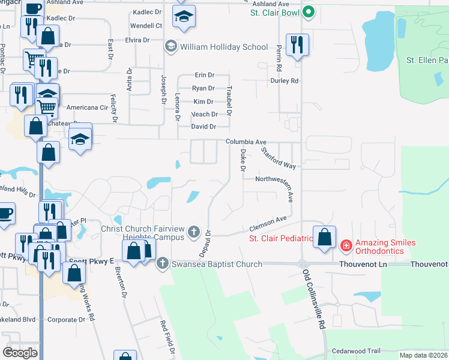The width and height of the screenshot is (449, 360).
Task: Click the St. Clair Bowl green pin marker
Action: pos(309,11)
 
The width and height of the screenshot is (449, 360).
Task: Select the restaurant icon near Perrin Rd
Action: pos(297,45)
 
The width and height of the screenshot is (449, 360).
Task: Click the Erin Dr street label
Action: pos(204,75)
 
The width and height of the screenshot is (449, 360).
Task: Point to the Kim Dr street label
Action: pos(203,101)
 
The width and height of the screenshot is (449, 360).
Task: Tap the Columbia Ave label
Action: pos(246,142)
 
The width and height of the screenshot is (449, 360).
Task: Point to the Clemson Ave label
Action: pos(268,224)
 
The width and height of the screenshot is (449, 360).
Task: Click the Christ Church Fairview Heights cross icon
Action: pos(193,231)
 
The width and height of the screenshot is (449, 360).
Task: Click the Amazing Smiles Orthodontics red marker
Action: pos(345,245)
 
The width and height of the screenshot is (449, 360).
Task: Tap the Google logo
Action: pos(20,353)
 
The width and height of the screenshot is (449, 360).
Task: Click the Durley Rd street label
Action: pos(285,80)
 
